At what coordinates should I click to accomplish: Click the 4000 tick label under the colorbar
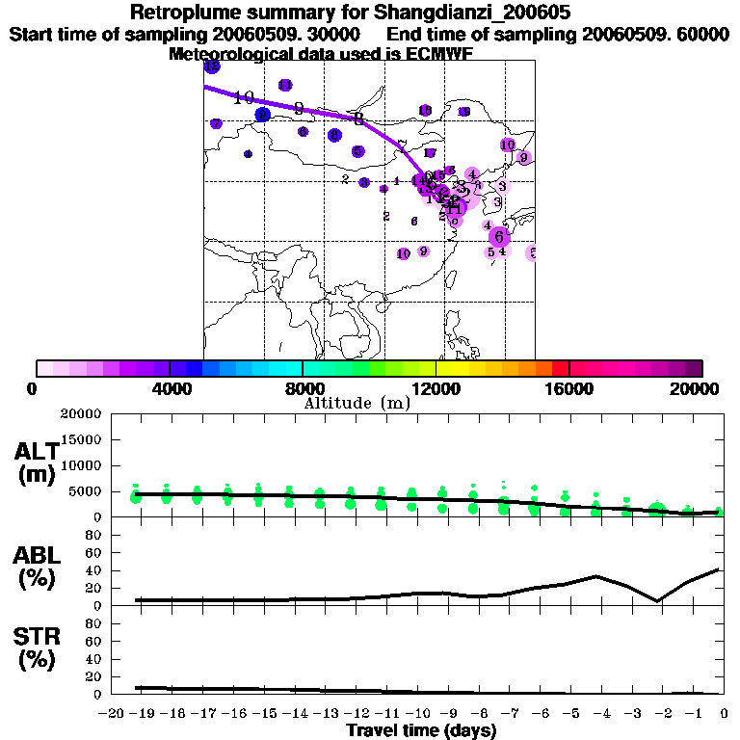[170, 388]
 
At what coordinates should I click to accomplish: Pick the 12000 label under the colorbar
[436, 388]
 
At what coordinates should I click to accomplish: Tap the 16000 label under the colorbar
[569, 388]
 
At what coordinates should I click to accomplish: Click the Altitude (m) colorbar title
[357, 403]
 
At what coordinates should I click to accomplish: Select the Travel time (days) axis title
[421, 730]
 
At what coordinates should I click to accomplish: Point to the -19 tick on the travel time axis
[143, 713]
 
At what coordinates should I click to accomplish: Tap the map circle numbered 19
[464, 112]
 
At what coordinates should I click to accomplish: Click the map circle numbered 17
[430, 153]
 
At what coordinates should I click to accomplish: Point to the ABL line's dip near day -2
[657, 601]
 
